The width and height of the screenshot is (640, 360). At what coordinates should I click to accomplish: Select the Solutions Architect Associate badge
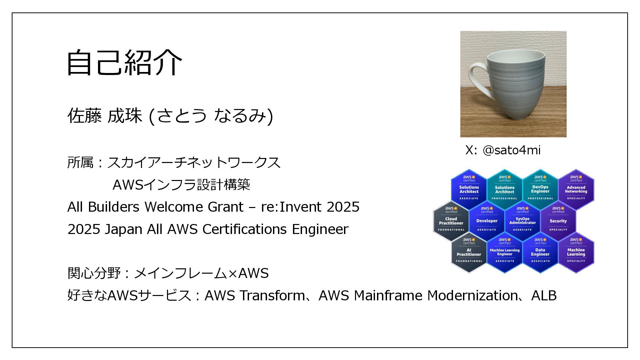click(469, 189)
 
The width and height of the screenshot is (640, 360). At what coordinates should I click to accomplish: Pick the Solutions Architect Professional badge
click(504, 189)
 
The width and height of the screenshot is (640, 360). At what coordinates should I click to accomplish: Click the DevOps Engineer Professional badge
click(540, 189)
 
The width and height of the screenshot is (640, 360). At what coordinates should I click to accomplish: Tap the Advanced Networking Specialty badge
click(576, 189)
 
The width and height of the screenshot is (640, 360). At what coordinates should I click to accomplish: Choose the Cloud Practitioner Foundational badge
click(451, 221)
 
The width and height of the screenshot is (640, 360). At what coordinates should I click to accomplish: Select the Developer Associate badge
click(487, 221)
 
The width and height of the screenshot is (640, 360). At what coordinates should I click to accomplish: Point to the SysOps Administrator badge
click(522, 221)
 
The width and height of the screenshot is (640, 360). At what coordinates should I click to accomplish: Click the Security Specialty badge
click(558, 221)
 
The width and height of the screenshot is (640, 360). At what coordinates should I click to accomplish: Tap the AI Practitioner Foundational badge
click(469, 252)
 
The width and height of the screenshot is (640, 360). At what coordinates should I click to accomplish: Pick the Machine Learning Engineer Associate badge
click(505, 252)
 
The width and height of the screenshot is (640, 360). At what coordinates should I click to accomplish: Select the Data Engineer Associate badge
click(540, 252)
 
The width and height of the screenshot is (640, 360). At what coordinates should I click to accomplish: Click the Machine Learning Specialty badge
click(576, 252)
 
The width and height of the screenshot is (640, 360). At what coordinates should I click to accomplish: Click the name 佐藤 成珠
click(105, 116)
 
